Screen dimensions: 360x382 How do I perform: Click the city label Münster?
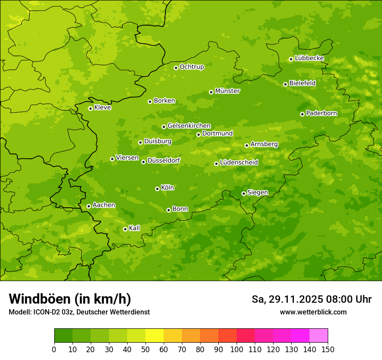[x=227, y=91]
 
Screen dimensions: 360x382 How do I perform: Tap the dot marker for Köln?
[x=157, y=189]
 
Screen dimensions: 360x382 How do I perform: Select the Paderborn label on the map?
[x=322, y=113]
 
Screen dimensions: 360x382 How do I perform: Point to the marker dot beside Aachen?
[x=89, y=206]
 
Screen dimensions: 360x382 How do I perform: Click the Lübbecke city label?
[x=309, y=58]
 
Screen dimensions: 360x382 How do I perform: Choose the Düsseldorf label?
[x=164, y=160]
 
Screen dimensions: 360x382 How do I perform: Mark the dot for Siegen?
[x=244, y=193]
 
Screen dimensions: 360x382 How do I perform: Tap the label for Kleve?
[x=102, y=108]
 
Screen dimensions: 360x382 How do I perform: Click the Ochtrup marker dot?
[x=176, y=67]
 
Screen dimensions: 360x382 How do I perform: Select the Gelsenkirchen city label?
[x=189, y=126]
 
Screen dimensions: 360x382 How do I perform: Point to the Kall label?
[x=135, y=228]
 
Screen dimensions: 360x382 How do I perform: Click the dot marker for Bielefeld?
[x=285, y=84]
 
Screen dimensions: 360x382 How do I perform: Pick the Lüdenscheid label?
[x=239, y=163]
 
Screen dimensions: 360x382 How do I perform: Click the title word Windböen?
[x=40, y=299]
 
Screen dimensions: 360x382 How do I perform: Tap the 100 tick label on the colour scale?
[x=237, y=349]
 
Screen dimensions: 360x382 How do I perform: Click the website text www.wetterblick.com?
[x=313, y=312]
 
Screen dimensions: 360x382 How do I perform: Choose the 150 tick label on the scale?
[x=328, y=349]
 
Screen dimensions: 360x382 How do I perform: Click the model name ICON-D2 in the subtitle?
[x=46, y=312]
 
